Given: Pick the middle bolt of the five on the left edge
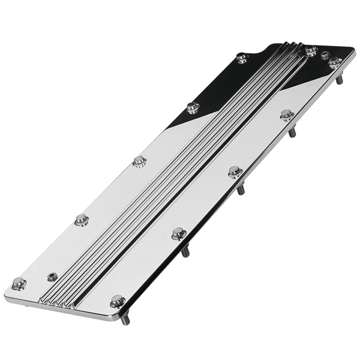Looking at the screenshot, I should tap(139, 160).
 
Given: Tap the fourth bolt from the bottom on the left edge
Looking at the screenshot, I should tap(193, 108).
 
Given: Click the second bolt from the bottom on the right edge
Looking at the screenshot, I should tap(177, 232).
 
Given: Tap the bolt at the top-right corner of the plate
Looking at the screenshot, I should tap(334, 60).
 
